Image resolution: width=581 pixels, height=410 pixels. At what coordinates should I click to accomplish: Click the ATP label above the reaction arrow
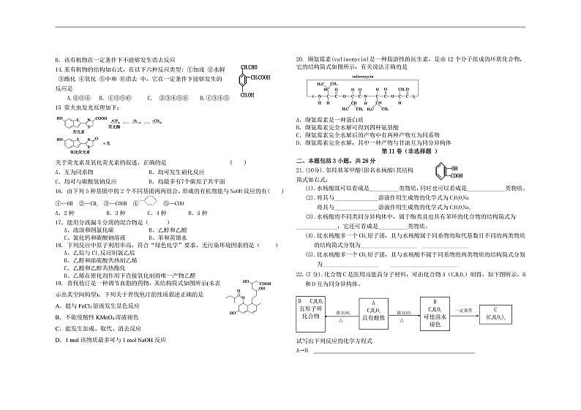click(x=113, y=116)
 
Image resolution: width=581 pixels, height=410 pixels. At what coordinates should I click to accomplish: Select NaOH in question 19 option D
click(x=145, y=340)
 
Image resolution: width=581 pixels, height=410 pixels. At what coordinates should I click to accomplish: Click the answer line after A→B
click(x=394, y=352)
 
